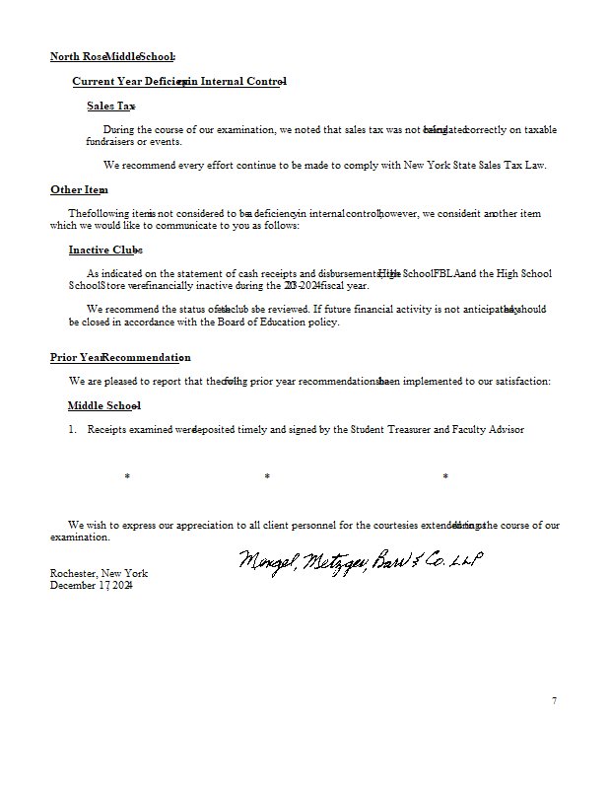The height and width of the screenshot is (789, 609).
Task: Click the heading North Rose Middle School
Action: click(x=112, y=57)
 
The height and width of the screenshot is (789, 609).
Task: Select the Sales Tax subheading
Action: click(x=110, y=106)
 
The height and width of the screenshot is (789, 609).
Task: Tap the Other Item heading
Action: click(x=79, y=189)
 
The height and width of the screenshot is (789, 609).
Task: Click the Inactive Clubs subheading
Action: click(x=105, y=250)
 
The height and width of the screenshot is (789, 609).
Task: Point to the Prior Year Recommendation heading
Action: click(x=120, y=357)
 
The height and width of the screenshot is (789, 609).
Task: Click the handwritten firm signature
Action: click(x=359, y=561)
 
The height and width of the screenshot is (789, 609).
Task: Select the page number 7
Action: click(x=554, y=701)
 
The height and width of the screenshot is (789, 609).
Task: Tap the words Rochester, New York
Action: click(x=99, y=573)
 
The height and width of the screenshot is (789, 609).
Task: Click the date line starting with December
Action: click(x=92, y=585)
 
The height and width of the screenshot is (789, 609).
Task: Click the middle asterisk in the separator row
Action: click(x=267, y=477)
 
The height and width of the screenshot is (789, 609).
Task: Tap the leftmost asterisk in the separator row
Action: click(x=127, y=477)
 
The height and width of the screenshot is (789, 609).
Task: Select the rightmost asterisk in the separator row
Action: click(x=445, y=477)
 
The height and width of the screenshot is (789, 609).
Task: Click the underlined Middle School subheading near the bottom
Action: click(x=103, y=405)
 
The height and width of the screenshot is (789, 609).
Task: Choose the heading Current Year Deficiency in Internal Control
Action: click(x=179, y=81)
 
